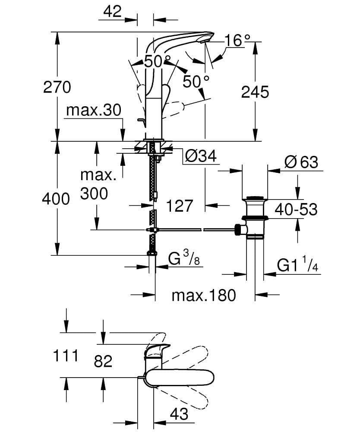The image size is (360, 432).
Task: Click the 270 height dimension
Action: [57, 87]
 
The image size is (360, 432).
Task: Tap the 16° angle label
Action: [237, 41]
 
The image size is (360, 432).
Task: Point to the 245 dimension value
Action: [255, 92]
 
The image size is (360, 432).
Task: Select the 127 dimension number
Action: [179, 206]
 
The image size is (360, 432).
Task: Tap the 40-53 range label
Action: [296, 210]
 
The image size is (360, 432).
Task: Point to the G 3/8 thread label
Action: [183, 260]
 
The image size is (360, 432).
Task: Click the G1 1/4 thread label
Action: [298, 265]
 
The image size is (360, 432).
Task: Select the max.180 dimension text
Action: [204, 295]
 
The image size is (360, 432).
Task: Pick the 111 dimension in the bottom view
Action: [66, 356]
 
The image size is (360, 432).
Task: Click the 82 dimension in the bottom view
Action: [103, 361]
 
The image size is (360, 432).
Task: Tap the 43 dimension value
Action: [179, 414]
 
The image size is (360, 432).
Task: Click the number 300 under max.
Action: [94, 194]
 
